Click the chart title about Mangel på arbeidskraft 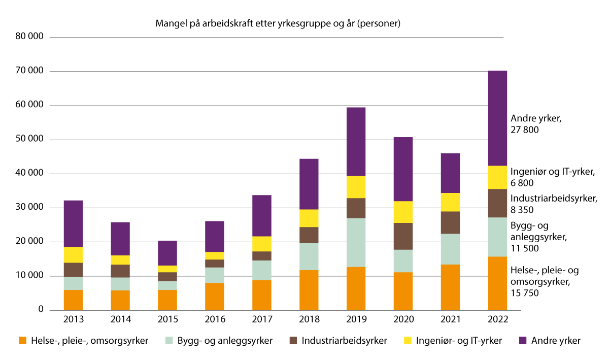click(278, 24)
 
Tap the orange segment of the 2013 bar click(74, 300)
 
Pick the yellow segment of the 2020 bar click(403, 212)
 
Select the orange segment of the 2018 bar click(309, 289)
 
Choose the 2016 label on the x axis click(215, 320)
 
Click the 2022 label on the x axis click(497, 320)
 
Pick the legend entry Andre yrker click(555, 341)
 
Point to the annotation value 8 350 click(522, 209)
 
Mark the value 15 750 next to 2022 click(524, 293)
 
